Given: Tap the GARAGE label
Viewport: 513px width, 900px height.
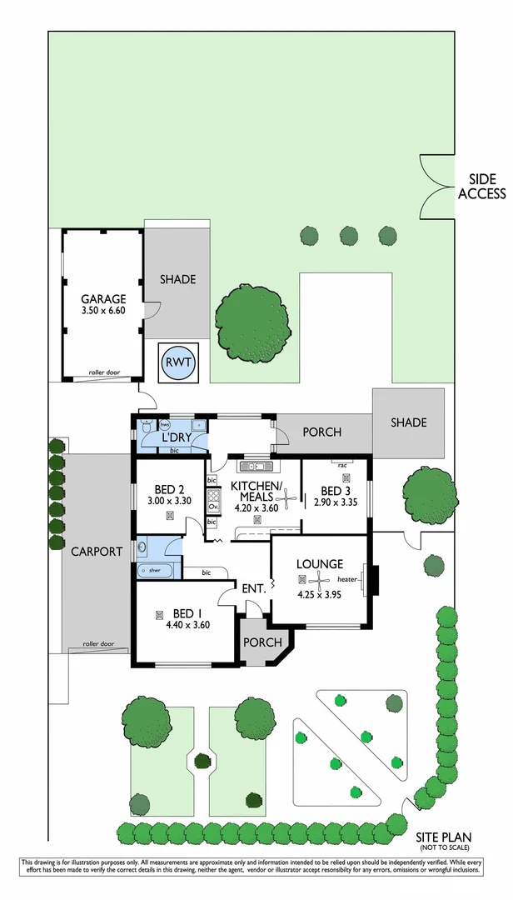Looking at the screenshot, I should [x=102, y=299].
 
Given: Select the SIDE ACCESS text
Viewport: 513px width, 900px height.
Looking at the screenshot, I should [x=481, y=187].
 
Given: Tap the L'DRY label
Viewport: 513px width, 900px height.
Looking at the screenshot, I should [x=177, y=437].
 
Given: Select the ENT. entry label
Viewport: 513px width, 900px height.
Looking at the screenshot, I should [x=253, y=588].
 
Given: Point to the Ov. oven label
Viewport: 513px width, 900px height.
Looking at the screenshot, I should [x=212, y=506].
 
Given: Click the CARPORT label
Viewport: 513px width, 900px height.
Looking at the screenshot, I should [x=97, y=552].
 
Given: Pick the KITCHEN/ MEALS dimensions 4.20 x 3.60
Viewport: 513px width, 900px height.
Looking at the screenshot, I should [x=257, y=506].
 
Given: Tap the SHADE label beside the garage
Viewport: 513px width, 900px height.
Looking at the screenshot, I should [x=177, y=279].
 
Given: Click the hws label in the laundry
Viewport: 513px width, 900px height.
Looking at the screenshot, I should [x=142, y=424].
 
